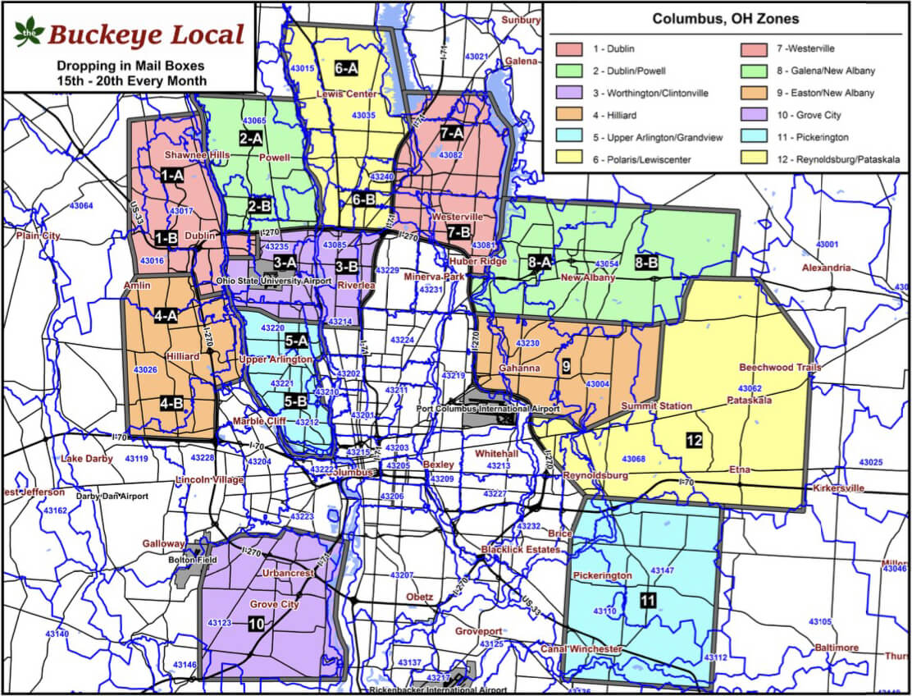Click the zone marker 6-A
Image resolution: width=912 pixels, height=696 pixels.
coord(347,68)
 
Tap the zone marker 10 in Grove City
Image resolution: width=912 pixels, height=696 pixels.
coord(256,625)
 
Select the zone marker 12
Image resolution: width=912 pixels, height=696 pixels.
coord(694,441)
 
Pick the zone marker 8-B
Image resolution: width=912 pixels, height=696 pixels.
coord(646,263)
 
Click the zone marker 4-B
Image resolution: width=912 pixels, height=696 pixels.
coord(171,403)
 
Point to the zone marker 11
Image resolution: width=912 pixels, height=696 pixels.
coord(649,601)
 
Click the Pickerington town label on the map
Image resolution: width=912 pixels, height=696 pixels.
coord(603,575)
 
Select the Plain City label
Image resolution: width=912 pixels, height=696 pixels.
coord(38,236)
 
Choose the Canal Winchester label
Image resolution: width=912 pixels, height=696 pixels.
coord(581,650)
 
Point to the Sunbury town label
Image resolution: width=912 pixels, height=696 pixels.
coord(522,19)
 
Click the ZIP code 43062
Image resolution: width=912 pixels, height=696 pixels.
coord(750,388)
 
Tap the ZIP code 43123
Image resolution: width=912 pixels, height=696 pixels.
coord(220,624)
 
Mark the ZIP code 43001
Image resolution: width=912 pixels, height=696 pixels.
coord(828,245)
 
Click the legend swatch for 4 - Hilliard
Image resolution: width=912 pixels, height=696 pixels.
coord(568,115)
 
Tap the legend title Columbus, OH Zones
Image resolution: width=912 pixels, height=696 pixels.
coord(725,19)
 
